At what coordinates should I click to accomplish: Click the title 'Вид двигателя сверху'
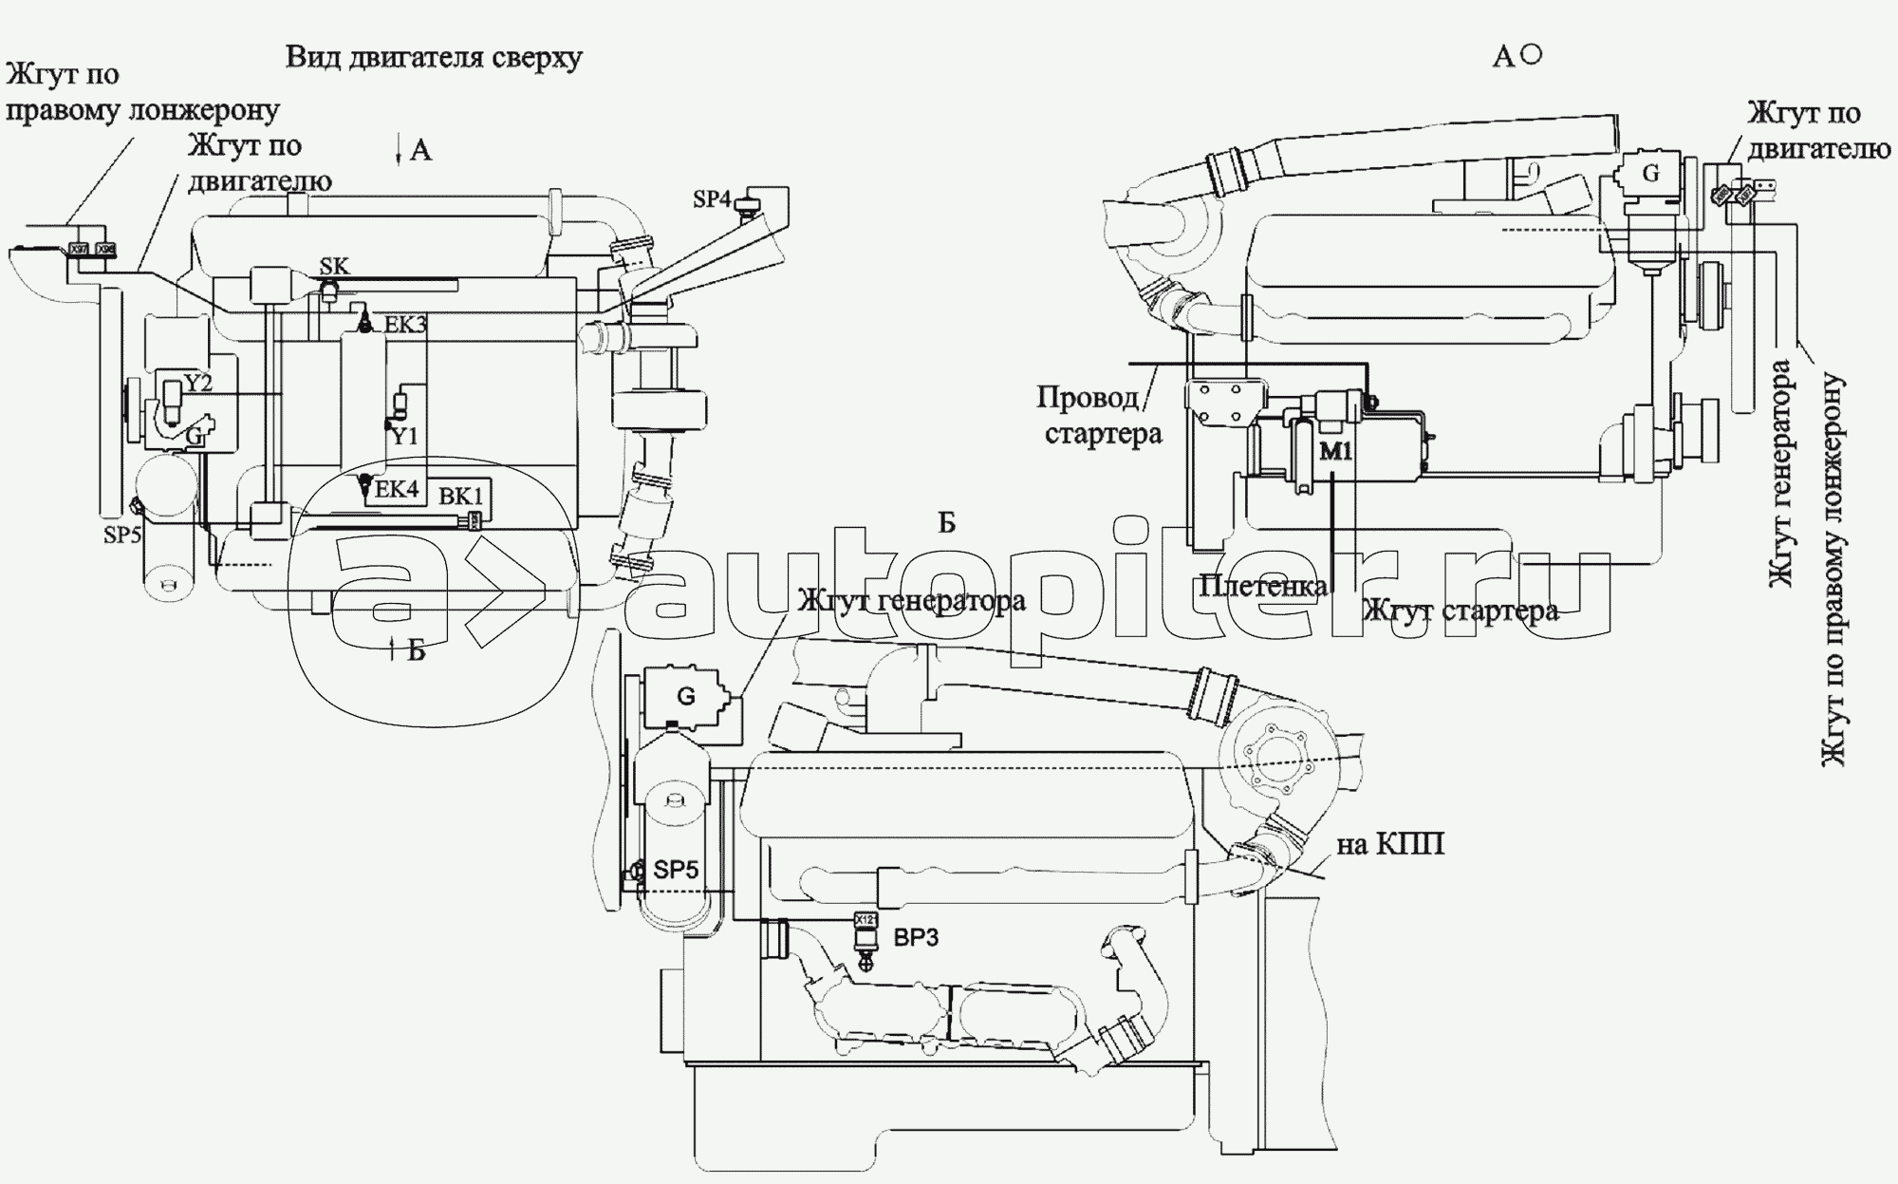coord(434,57)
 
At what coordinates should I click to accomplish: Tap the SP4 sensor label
coord(712,199)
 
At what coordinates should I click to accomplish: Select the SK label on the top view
coord(335,267)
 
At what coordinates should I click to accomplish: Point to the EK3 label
coord(405,325)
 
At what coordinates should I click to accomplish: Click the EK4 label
coord(397,489)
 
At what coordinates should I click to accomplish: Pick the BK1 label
coord(461,496)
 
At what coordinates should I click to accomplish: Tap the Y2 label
coord(197,383)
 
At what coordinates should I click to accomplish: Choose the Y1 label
coord(405,436)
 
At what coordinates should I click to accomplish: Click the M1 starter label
coord(1335,453)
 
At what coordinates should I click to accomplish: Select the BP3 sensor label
coord(917,938)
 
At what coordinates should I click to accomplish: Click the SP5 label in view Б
coord(677,869)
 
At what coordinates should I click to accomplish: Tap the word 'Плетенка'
coord(1263,585)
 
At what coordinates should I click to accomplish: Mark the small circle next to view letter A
coord(1531,55)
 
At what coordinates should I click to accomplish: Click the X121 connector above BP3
coord(865,919)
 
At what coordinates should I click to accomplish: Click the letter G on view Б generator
coord(685,696)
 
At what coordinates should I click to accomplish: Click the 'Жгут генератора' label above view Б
coord(911,601)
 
